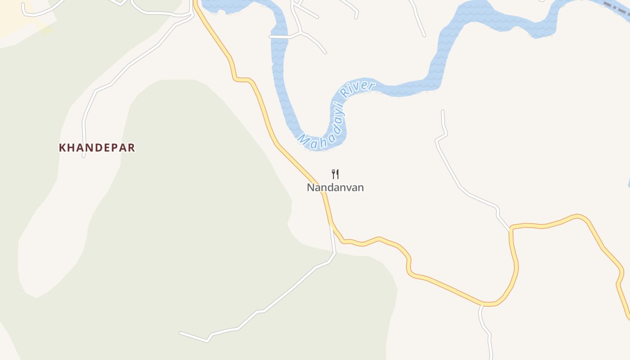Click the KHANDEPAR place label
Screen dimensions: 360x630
[x=97, y=148]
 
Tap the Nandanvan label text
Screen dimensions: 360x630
[x=335, y=188]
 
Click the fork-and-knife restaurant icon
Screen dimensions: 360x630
[x=335, y=174]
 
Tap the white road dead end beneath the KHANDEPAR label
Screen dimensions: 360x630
[x=84, y=156]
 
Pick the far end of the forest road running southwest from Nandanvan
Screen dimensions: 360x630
[x=181, y=333]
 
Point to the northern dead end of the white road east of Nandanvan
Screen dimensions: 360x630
[x=443, y=111]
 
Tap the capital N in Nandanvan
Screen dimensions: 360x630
[x=310, y=188]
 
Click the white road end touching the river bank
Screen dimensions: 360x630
[x=271, y=36]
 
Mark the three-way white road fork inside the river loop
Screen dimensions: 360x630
[x=301, y=32]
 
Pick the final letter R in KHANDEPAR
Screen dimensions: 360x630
[x=131, y=148]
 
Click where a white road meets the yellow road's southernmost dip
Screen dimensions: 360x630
[x=481, y=305]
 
